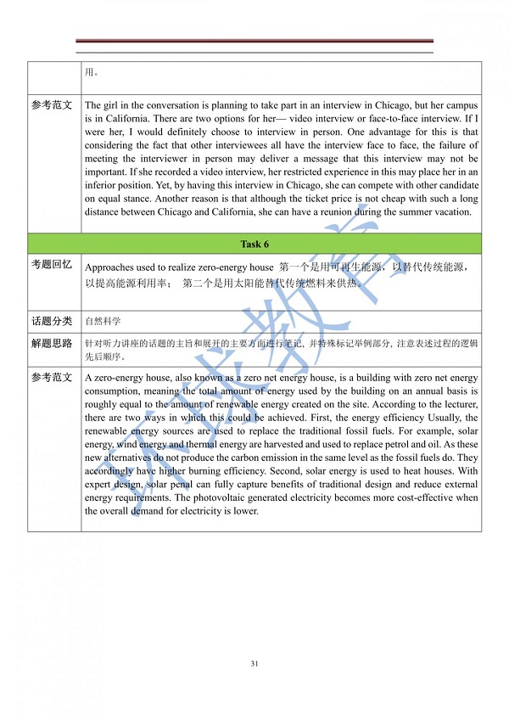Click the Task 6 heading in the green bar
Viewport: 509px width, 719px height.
coord(255,244)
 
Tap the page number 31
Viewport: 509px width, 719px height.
coord(255,663)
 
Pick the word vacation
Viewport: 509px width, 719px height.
coord(450,211)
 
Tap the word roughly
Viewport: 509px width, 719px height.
coord(103,404)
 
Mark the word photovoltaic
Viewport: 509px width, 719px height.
coord(230,497)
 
